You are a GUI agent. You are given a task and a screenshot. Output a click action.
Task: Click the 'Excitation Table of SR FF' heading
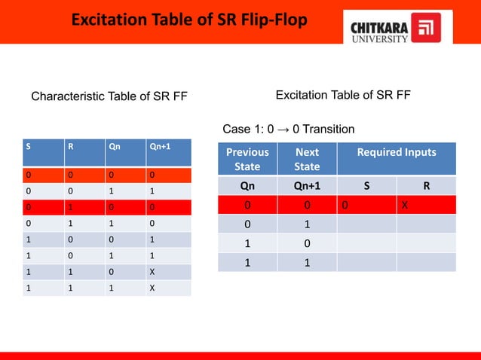343,95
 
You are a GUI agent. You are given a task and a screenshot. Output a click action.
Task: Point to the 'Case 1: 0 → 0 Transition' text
289,129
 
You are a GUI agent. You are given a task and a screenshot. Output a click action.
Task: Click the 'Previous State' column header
247,159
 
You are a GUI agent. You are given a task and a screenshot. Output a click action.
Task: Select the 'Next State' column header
307,159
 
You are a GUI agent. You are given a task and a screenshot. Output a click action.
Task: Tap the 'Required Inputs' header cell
397,153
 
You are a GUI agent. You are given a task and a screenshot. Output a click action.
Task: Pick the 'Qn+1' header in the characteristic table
159,148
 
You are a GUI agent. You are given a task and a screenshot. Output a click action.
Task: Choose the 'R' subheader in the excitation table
426,185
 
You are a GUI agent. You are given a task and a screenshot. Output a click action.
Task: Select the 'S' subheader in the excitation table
366,185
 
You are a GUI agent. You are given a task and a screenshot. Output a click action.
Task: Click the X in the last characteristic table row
153,287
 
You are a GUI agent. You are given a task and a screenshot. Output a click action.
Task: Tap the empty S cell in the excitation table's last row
366,262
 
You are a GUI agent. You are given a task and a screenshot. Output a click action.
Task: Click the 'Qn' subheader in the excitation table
247,185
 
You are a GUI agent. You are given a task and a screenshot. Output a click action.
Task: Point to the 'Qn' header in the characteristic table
115,148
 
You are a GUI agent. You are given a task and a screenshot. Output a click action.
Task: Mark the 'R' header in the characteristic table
71,148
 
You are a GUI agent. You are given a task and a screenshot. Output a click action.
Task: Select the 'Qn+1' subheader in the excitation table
307,185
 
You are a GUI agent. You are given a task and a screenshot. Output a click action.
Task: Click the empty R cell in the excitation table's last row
426,262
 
